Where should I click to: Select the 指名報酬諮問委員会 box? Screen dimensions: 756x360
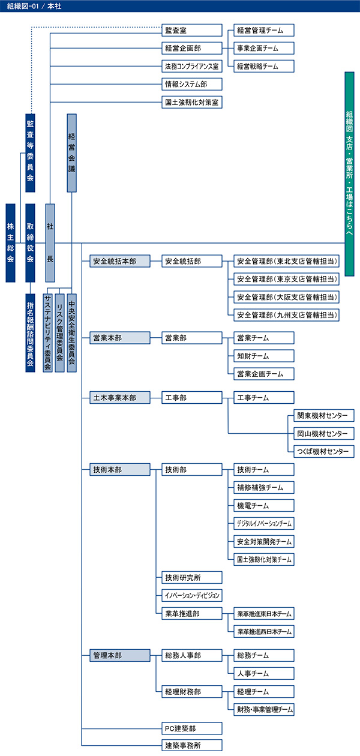point(30,333)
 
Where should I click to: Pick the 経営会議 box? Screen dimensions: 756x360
point(71,152)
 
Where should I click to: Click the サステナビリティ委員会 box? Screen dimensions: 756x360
point(48,333)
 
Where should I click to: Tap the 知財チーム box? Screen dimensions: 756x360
point(264,356)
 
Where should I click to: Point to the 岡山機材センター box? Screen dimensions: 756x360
point(321,433)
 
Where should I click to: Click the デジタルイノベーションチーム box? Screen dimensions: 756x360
point(264,523)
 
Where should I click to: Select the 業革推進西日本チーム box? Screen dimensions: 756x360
point(264,631)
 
